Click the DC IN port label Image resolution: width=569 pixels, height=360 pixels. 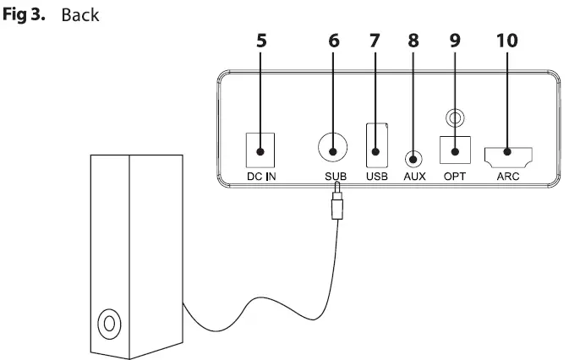pyautogui.click(x=260, y=177)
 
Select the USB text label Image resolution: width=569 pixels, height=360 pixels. pyautogui.click(x=376, y=177)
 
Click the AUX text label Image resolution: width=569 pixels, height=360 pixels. pyautogui.click(x=414, y=177)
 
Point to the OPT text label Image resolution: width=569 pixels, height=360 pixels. pyautogui.click(x=455, y=177)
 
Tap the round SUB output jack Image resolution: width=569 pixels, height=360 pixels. pyautogui.click(x=332, y=147)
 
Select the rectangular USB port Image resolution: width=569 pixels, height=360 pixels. pyautogui.click(x=376, y=145)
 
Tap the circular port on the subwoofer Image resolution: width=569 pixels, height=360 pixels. pyautogui.click(x=108, y=323)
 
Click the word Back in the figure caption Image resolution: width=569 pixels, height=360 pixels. pyautogui.click(x=80, y=16)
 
